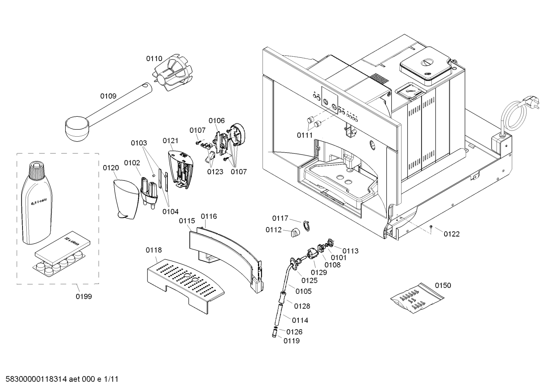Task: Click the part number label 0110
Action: tap(154, 59)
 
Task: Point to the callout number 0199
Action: tap(84, 296)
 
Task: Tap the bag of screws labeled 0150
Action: tap(417, 298)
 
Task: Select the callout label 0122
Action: tap(452, 234)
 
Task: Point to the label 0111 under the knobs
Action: tap(305, 135)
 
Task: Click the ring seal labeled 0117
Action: tap(306, 225)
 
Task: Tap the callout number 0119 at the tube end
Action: tap(292, 341)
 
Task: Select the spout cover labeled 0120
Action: tap(126, 199)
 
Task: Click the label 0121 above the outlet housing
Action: tap(170, 141)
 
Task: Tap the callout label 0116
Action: tap(209, 216)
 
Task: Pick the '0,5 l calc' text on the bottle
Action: tap(39, 202)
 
